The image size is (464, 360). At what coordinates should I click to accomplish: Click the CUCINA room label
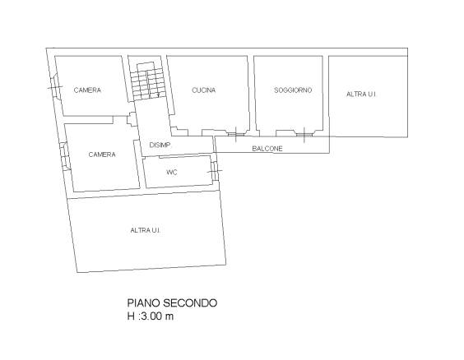203,90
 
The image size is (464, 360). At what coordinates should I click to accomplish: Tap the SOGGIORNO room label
293,90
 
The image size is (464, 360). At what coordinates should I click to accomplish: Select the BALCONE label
267,149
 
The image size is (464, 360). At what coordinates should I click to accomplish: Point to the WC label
172,173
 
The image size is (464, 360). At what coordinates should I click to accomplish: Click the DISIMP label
160,145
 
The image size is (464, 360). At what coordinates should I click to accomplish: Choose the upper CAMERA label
87,90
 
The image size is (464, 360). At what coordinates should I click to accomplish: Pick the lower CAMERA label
102,155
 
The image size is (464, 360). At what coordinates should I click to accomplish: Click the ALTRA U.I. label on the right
361,95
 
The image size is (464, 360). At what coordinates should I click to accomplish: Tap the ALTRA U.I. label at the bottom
146,230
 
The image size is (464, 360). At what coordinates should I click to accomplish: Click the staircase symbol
147,81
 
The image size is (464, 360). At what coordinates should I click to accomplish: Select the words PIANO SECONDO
172,303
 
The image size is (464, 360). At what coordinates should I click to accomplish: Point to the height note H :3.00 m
151,316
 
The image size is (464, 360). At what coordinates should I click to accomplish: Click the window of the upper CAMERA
55,86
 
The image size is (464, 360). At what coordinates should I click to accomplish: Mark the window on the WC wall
215,171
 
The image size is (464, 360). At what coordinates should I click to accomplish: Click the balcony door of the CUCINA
236,135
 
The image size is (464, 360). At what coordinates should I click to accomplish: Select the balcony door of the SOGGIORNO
304,135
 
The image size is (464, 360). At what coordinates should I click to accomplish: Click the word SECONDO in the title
190,303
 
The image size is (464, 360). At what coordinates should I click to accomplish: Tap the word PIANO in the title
143,303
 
